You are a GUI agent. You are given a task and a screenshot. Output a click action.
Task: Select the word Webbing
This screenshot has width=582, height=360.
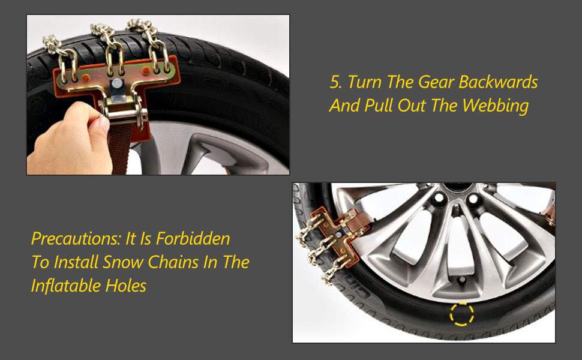(496, 106)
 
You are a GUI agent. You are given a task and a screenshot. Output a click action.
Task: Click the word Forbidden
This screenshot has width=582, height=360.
(193, 238)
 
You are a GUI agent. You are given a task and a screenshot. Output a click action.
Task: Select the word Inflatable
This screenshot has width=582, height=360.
(65, 286)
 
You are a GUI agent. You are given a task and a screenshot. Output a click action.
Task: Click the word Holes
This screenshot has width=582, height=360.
(125, 286)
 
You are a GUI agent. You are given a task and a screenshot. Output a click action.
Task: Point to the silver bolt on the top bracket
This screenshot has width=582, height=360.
(117, 84)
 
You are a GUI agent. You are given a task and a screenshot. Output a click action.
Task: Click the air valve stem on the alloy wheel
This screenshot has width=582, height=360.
(462, 280)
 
